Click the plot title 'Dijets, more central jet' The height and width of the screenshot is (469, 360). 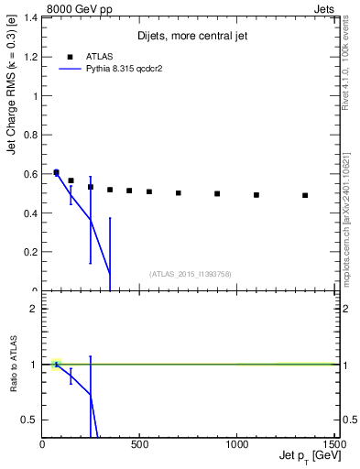click(192, 37)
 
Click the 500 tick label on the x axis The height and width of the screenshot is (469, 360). click(139, 443)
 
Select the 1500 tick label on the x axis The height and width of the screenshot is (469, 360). click(333, 443)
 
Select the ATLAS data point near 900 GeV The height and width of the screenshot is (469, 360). click(217, 193)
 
